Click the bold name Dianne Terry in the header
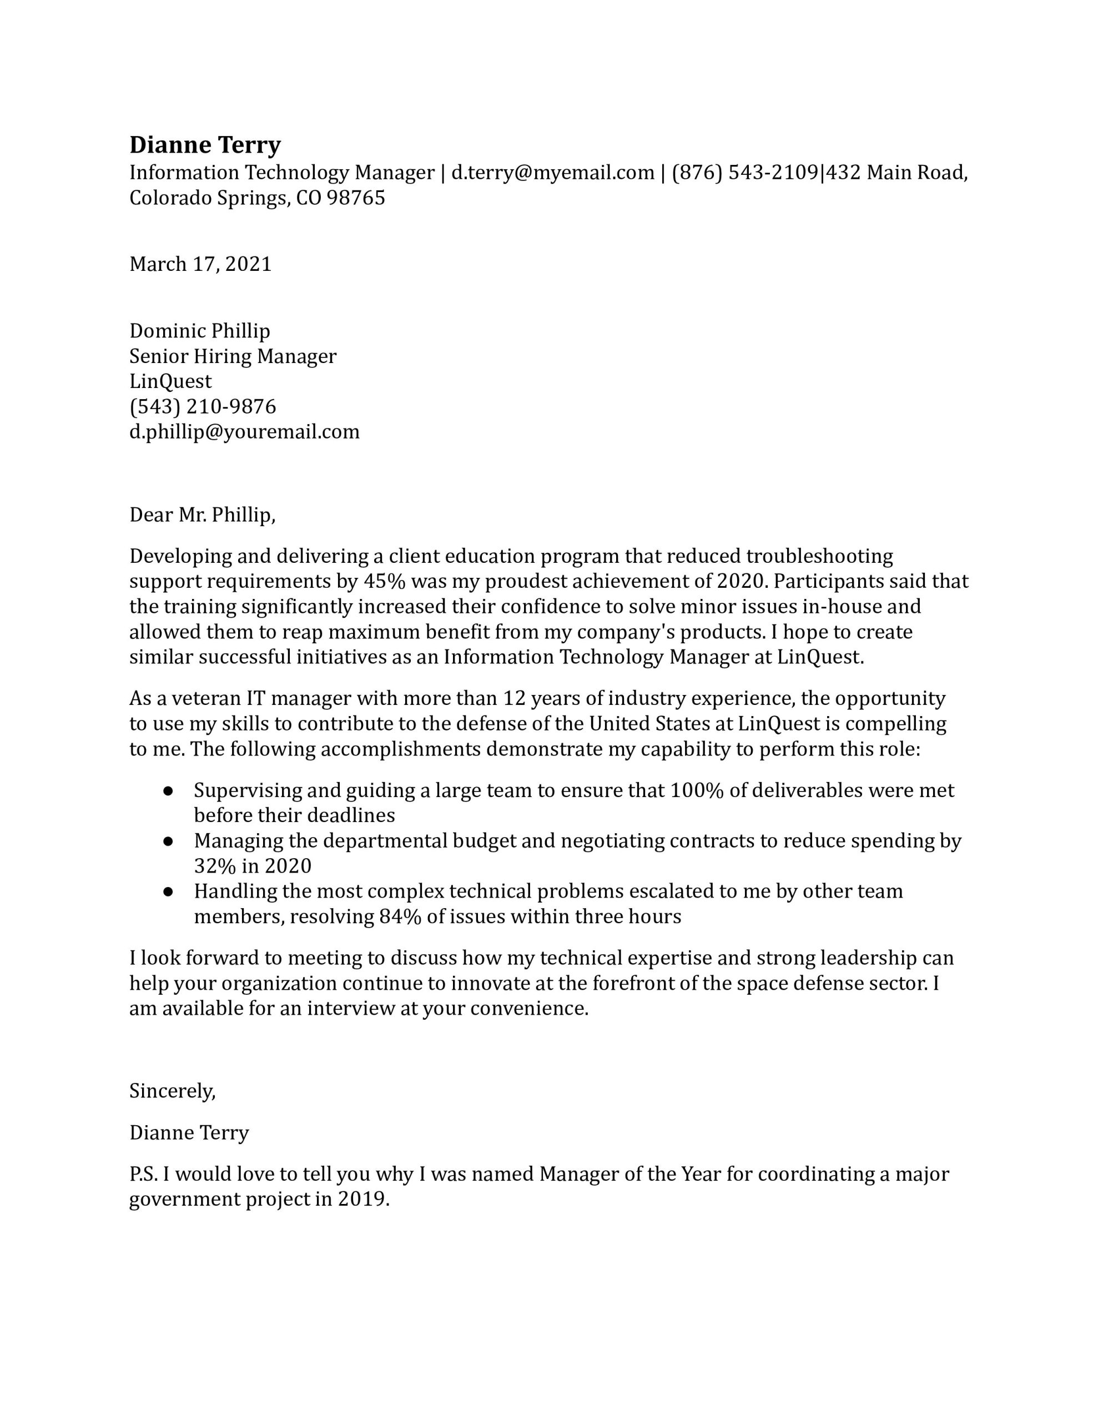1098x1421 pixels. pyautogui.click(x=205, y=144)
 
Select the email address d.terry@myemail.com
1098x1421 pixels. pyautogui.click(x=552, y=173)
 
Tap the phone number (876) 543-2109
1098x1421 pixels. pyautogui.click(x=744, y=173)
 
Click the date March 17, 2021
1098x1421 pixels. pyautogui.click(x=200, y=264)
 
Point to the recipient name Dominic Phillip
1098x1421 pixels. pyautogui.click(x=200, y=331)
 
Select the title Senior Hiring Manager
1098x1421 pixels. pyautogui.click(x=233, y=356)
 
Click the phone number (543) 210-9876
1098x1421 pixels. pyautogui.click(x=203, y=407)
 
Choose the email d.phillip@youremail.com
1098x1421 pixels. pyautogui.click(x=245, y=431)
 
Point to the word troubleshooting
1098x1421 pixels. pyautogui.click(x=819, y=556)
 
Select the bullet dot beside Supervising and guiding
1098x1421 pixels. pyautogui.click(x=168, y=790)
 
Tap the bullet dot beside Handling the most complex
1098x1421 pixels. pyautogui.click(x=168, y=891)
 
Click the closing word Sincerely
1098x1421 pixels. pyautogui.click(x=172, y=1091)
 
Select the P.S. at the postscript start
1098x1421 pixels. pyautogui.click(x=143, y=1175)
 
